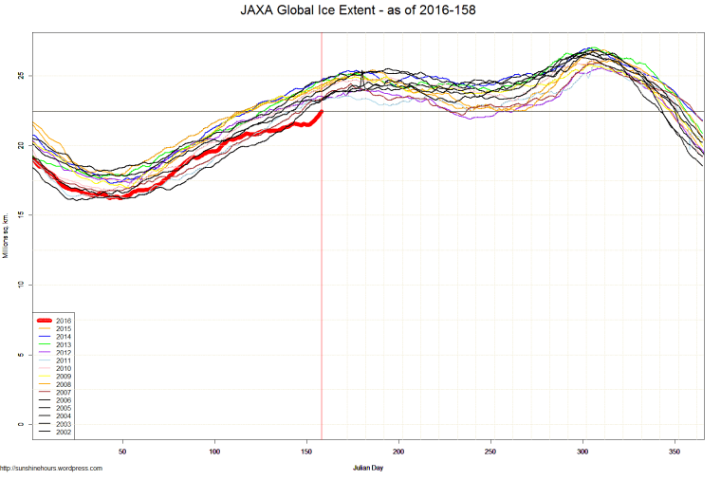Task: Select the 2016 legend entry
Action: [x=63, y=321]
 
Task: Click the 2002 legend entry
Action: [x=63, y=433]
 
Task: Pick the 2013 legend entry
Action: [x=63, y=344]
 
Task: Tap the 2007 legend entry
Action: [x=63, y=393]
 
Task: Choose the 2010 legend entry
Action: [x=63, y=369]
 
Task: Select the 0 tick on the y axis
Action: [x=21, y=424]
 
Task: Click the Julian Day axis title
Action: [x=367, y=468]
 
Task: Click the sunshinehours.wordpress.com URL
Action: [x=51, y=468]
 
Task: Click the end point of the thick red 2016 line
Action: [x=322, y=111]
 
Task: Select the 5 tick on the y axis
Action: [x=21, y=355]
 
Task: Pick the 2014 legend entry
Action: [x=63, y=337]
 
